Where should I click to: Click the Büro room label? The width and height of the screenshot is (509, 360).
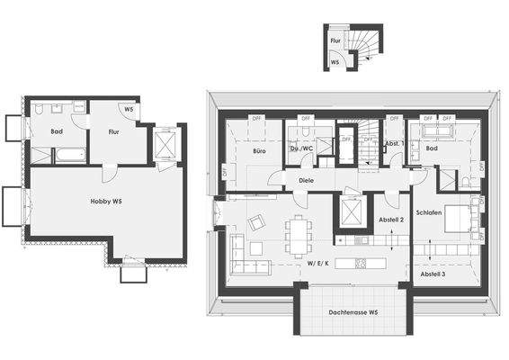(259, 151)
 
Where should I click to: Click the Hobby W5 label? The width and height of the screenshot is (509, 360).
(106, 201)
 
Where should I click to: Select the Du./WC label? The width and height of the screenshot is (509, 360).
(301, 149)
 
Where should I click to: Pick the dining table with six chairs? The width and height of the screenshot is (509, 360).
(297, 235)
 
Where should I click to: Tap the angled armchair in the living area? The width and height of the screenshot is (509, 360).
(257, 222)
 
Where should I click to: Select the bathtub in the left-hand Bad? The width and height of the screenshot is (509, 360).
(69, 155)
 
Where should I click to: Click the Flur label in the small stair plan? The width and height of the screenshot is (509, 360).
(335, 41)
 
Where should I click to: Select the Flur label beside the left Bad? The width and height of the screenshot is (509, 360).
(113, 131)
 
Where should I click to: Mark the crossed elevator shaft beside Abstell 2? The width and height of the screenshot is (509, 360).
(349, 213)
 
